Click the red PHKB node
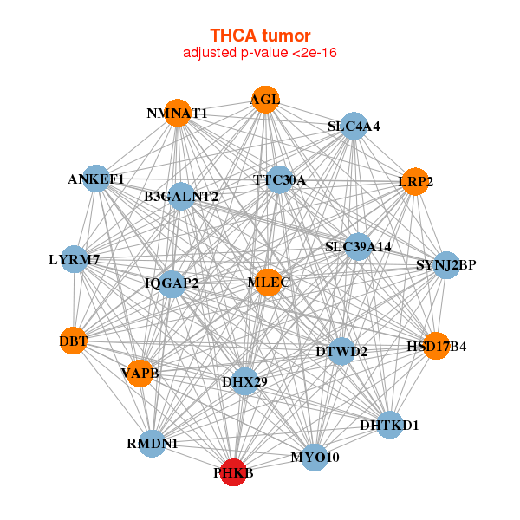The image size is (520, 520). (x=234, y=472)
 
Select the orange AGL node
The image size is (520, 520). (x=265, y=100)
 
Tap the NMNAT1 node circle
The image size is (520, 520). (x=178, y=113)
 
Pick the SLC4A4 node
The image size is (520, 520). (x=354, y=126)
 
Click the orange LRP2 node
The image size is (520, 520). (x=415, y=182)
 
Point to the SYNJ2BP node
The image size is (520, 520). (x=446, y=265)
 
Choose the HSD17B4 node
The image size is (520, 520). (x=437, y=346)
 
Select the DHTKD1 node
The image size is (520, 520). (x=390, y=425)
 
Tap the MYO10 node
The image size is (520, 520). (x=315, y=458)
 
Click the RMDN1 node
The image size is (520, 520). (x=152, y=444)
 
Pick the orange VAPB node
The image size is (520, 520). (x=140, y=374)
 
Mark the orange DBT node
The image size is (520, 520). (x=74, y=341)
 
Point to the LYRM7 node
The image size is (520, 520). (x=75, y=259)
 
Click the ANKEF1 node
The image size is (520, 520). (x=96, y=179)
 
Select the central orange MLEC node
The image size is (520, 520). (x=269, y=283)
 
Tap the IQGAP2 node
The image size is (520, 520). (x=172, y=284)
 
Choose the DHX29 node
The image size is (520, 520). (x=244, y=381)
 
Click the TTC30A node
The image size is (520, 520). (x=279, y=179)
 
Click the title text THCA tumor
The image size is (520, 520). (x=260, y=36)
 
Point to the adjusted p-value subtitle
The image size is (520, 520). (x=260, y=53)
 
